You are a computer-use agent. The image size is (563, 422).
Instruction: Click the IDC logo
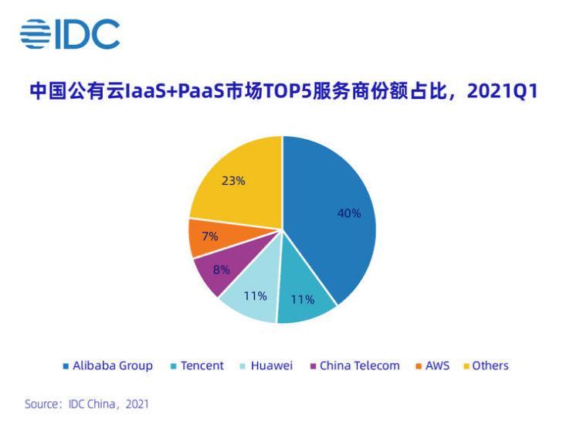(x=70, y=35)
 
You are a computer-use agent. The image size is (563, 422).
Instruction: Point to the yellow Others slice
(x=236, y=182)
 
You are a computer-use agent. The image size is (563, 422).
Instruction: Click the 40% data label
(x=349, y=213)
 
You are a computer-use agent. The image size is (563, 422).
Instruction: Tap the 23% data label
(x=233, y=181)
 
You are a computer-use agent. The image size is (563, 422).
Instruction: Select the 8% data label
(x=222, y=271)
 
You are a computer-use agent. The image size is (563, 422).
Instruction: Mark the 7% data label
(x=210, y=237)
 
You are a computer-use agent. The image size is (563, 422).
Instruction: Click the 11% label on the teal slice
(x=303, y=300)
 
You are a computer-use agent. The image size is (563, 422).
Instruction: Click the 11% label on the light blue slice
(x=255, y=296)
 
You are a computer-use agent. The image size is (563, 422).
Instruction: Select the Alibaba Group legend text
(x=113, y=366)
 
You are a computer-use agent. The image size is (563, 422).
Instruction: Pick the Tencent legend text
(x=202, y=366)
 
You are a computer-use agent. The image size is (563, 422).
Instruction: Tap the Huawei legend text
(x=272, y=366)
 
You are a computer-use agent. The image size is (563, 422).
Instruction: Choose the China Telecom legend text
(x=360, y=366)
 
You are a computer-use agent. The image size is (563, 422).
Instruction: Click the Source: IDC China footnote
(x=86, y=404)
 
